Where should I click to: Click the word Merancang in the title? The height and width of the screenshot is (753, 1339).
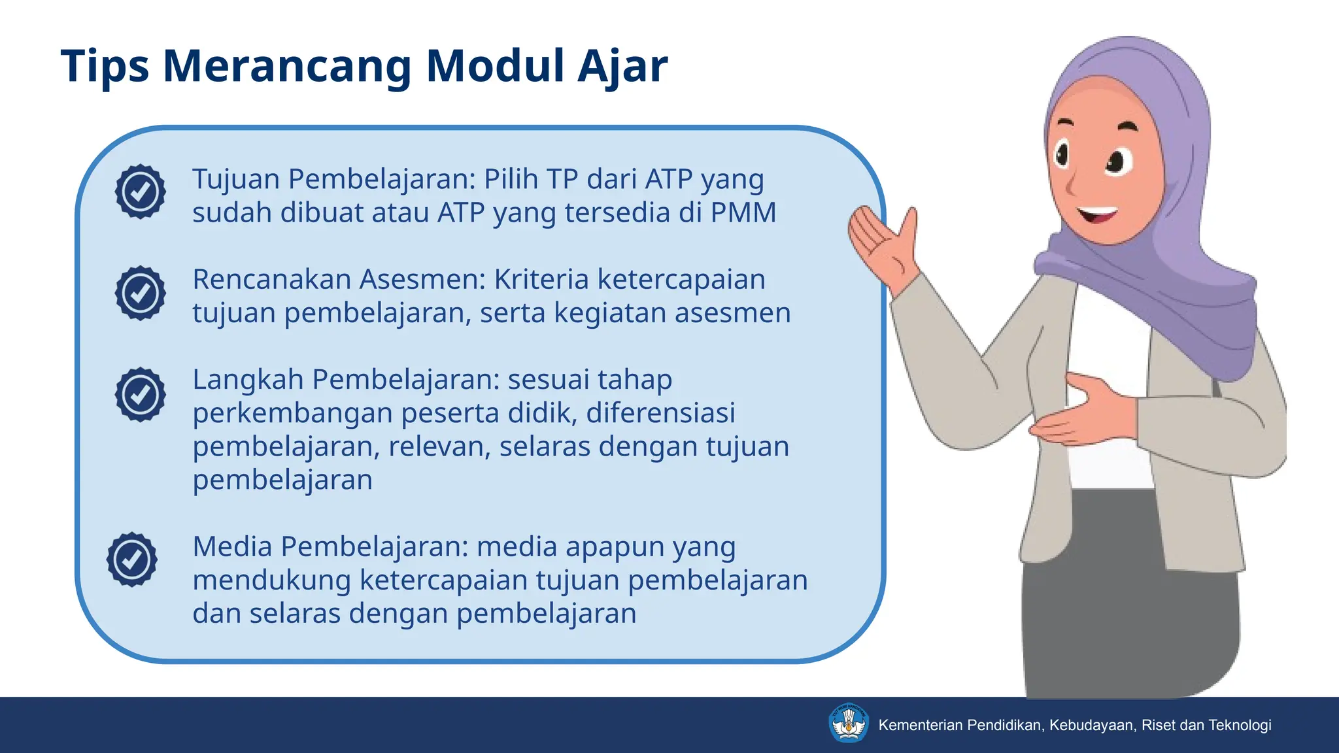(287, 66)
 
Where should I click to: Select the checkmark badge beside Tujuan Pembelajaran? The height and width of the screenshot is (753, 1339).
(141, 192)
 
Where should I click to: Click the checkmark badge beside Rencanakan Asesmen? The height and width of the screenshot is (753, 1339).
(141, 293)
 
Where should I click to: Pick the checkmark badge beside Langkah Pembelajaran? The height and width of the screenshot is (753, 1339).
(141, 394)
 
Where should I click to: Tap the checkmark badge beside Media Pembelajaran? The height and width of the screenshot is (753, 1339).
(132, 559)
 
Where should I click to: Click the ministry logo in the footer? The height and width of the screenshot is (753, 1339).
(848, 723)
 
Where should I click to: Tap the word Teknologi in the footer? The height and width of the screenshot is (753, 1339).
(1240, 725)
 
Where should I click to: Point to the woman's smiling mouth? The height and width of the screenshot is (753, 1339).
(1098, 214)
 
